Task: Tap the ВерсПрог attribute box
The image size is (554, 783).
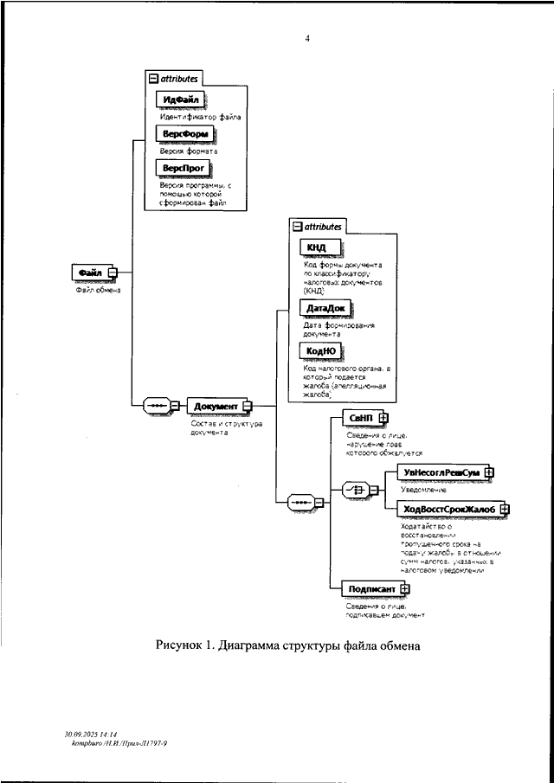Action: [180, 168]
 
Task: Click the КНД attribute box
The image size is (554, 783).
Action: [316, 247]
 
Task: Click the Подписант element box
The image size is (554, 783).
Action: [371, 589]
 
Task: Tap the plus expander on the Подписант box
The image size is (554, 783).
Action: [404, 589]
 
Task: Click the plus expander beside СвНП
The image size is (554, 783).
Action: [383, 418]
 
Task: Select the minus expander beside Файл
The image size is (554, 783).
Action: [113, 273]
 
